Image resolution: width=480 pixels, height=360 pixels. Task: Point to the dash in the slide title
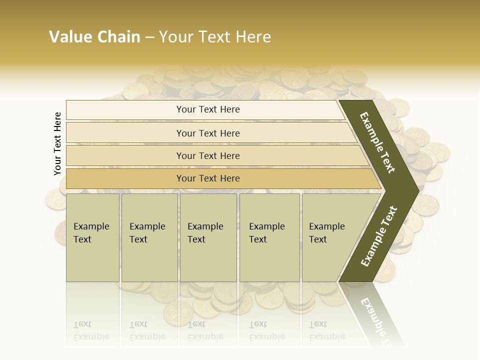pos(149,37)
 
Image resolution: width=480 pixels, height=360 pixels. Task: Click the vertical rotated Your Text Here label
pos(57,143)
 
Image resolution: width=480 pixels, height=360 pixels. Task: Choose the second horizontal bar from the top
pos(207,133)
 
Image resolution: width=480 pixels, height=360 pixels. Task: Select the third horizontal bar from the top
pos(207,155)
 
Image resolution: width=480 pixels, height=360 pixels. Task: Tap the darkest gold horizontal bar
pos(207,178)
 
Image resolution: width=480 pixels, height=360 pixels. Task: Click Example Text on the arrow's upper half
pos(377,142)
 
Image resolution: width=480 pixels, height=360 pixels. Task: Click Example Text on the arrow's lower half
pos(378,236)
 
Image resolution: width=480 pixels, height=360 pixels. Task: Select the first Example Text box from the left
pos(92,237)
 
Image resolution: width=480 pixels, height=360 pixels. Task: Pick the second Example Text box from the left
pos(149,237)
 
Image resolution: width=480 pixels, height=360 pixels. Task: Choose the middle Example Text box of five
pos(208,237)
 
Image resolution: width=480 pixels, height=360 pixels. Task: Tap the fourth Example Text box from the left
pos(269,237)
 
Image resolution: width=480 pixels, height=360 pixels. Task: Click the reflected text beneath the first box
pos(91,330)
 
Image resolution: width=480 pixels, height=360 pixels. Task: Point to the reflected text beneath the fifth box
pos(327,330)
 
